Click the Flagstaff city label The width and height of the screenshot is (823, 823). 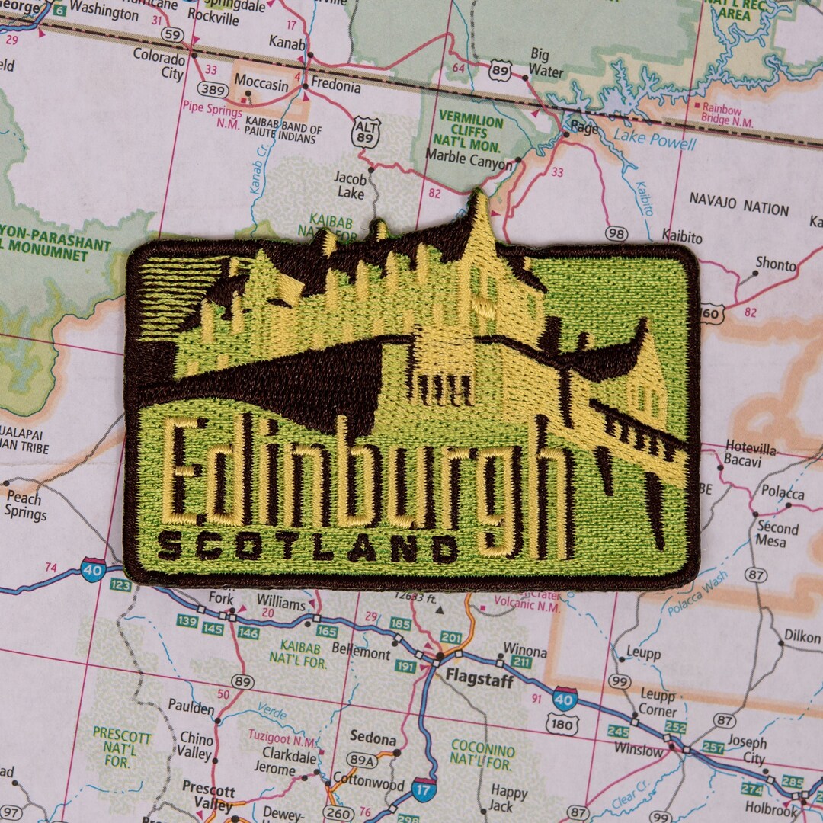pos(479,679)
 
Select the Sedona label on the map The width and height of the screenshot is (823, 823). pos(373,738)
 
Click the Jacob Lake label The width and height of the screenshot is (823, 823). pos(351,185)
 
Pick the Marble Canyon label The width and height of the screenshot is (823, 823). pos(469,163)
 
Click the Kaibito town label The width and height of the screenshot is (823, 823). pos(681,237)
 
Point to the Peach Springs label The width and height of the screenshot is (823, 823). pos(24,505)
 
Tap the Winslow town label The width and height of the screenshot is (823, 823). pos(639,750)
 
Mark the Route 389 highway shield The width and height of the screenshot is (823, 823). pos(214,90)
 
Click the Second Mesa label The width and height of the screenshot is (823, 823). pos(777,534)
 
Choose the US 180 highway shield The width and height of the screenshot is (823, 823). pos(562,725)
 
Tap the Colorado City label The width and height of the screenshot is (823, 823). pos(159,64)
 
